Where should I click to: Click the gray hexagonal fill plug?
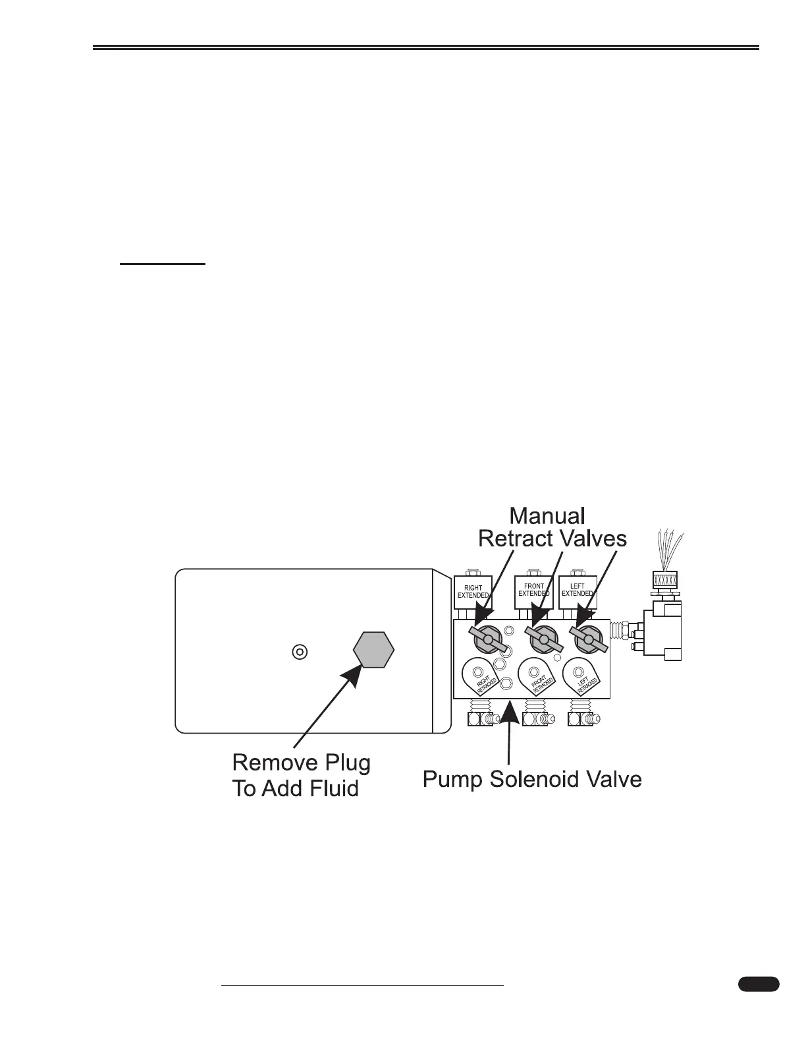[373, 649]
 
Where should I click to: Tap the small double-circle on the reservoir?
[299, 651]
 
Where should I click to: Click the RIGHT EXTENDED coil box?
[473, 591]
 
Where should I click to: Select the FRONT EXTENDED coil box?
[533, 590]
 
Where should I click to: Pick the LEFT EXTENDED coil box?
[577, 590]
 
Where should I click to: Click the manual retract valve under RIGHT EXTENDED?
[488, 639]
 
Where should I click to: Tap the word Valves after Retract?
[593, 539]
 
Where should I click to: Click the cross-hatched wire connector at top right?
[665, 580]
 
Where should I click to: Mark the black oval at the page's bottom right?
[758, 985]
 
